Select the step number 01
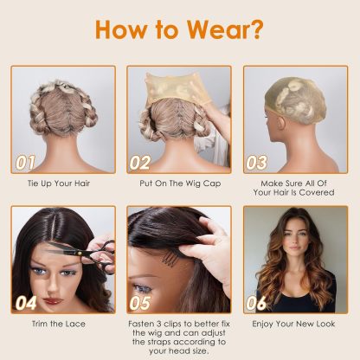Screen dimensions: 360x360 [x=28, y=162]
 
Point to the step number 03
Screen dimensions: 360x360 [x=257, y=162]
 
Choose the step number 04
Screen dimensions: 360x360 [x=27, y=303]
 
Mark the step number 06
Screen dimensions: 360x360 [x=257, y=303]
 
